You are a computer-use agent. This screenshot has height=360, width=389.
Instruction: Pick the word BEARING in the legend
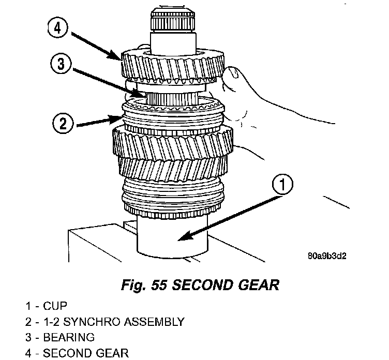point(69,338)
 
